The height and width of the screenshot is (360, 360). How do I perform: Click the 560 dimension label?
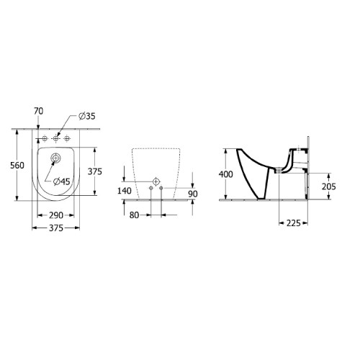tap(17, 166)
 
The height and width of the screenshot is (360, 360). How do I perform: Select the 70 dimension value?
tap(39, 111)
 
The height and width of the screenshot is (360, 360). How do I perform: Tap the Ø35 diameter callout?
tap(87, 116)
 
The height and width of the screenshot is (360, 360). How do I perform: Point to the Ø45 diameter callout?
tap(62, 181)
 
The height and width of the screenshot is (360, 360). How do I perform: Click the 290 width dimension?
tap(56, 215)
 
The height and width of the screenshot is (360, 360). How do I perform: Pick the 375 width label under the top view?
tap(56, 228)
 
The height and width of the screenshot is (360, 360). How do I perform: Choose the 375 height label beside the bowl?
tap(95, 171)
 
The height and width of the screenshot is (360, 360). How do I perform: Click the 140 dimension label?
tap(125, 191)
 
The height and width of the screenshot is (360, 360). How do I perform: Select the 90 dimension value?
tap(193, 194)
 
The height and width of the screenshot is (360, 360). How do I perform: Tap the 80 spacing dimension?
tap(134, 215)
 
